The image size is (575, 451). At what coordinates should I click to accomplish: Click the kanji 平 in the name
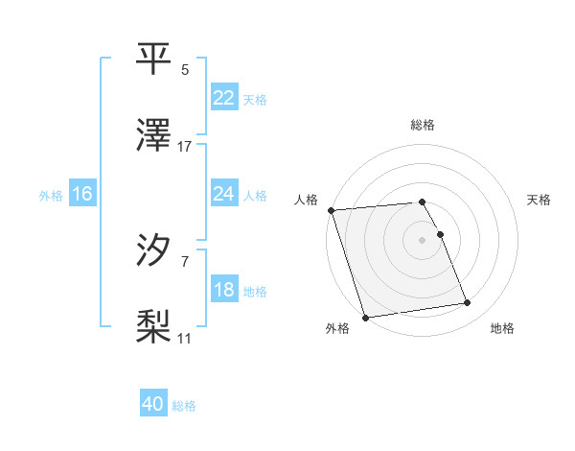tap(155, 59)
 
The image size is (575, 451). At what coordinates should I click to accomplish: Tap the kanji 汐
tap(155, 249)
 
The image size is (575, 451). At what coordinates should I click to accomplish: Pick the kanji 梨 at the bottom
tap(155, 326)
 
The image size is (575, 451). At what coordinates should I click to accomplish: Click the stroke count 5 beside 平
tap(185, 70)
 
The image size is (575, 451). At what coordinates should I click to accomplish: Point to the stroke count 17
tap(185, 146)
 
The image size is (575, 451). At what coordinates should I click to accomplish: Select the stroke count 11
tap(185, 338)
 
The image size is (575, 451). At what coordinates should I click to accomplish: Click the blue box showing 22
tap(224, 98)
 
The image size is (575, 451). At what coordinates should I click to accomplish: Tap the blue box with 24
tap(224, 194)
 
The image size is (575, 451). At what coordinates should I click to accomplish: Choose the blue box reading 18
tap(224, 291)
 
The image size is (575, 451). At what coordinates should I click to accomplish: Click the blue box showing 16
tap(82, 194)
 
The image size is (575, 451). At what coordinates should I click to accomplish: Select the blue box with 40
tap(153, 404)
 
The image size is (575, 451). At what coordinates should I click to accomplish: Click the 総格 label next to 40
tap(185, 406)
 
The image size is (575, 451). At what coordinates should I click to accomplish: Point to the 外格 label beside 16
tap(51, 196)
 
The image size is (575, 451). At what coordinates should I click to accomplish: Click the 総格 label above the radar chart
tap(422, 125)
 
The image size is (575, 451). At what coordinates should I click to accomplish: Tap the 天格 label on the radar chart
tap(539, 200)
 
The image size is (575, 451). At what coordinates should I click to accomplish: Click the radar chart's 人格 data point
tap(331, 210)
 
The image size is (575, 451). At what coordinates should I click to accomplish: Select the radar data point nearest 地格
tap(468, 303)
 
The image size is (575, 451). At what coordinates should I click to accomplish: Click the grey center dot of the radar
tap(422, 239)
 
